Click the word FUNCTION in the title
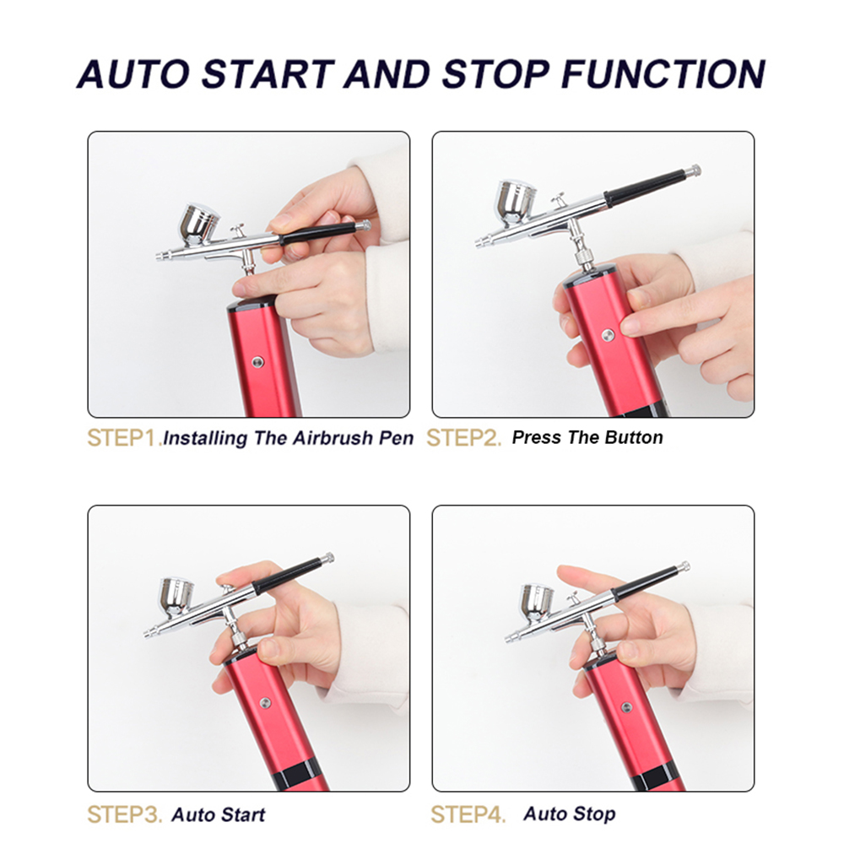(663, 73)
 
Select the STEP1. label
(124, 438)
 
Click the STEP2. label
(463, 438)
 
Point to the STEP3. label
(124, 814)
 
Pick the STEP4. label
(468, 814)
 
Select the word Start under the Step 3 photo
(241, 814)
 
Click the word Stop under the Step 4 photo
(592, 814)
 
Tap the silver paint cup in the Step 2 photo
(516, 202)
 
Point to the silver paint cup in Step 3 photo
(176, 598)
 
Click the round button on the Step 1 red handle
(257, 362)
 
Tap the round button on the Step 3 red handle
(265, 702)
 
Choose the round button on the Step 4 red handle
(626, 706)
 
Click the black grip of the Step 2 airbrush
(645, 187)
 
